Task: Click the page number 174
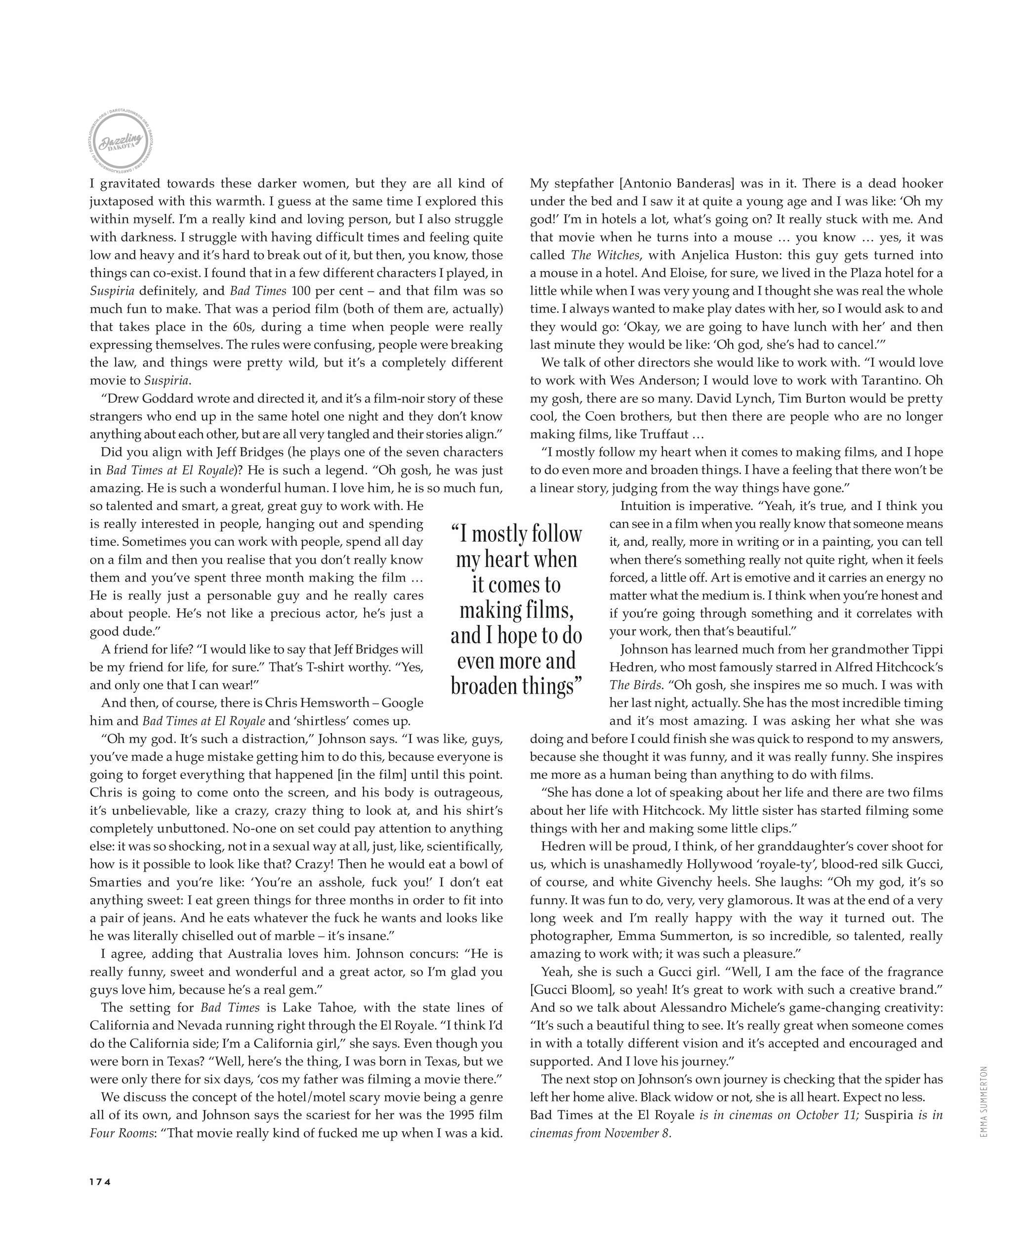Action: (100, 1181)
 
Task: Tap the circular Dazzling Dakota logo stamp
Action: (120, 142)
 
